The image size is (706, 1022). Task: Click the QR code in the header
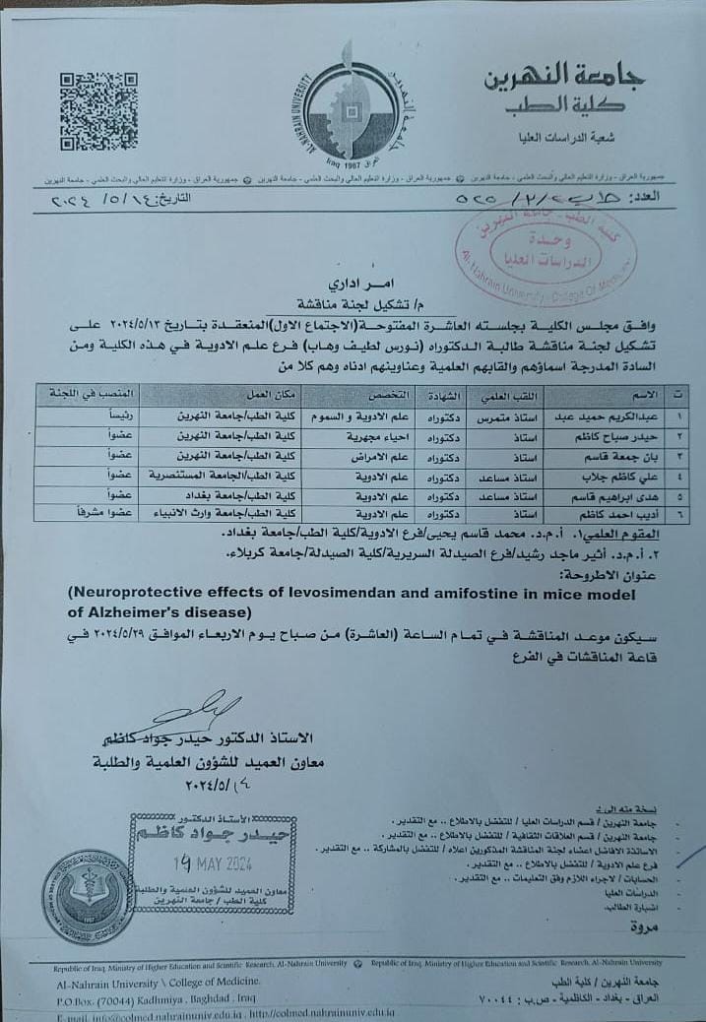point(98,110)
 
